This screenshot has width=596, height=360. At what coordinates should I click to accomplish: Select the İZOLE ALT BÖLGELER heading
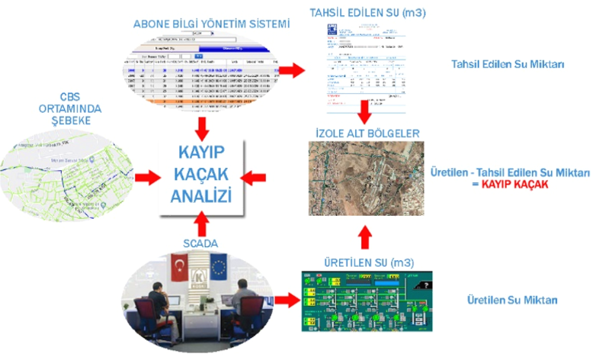367,133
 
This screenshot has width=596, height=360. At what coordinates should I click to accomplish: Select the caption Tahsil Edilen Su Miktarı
508,65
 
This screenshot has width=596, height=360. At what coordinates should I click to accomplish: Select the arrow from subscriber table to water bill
290,71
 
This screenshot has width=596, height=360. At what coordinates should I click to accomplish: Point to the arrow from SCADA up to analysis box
201,224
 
